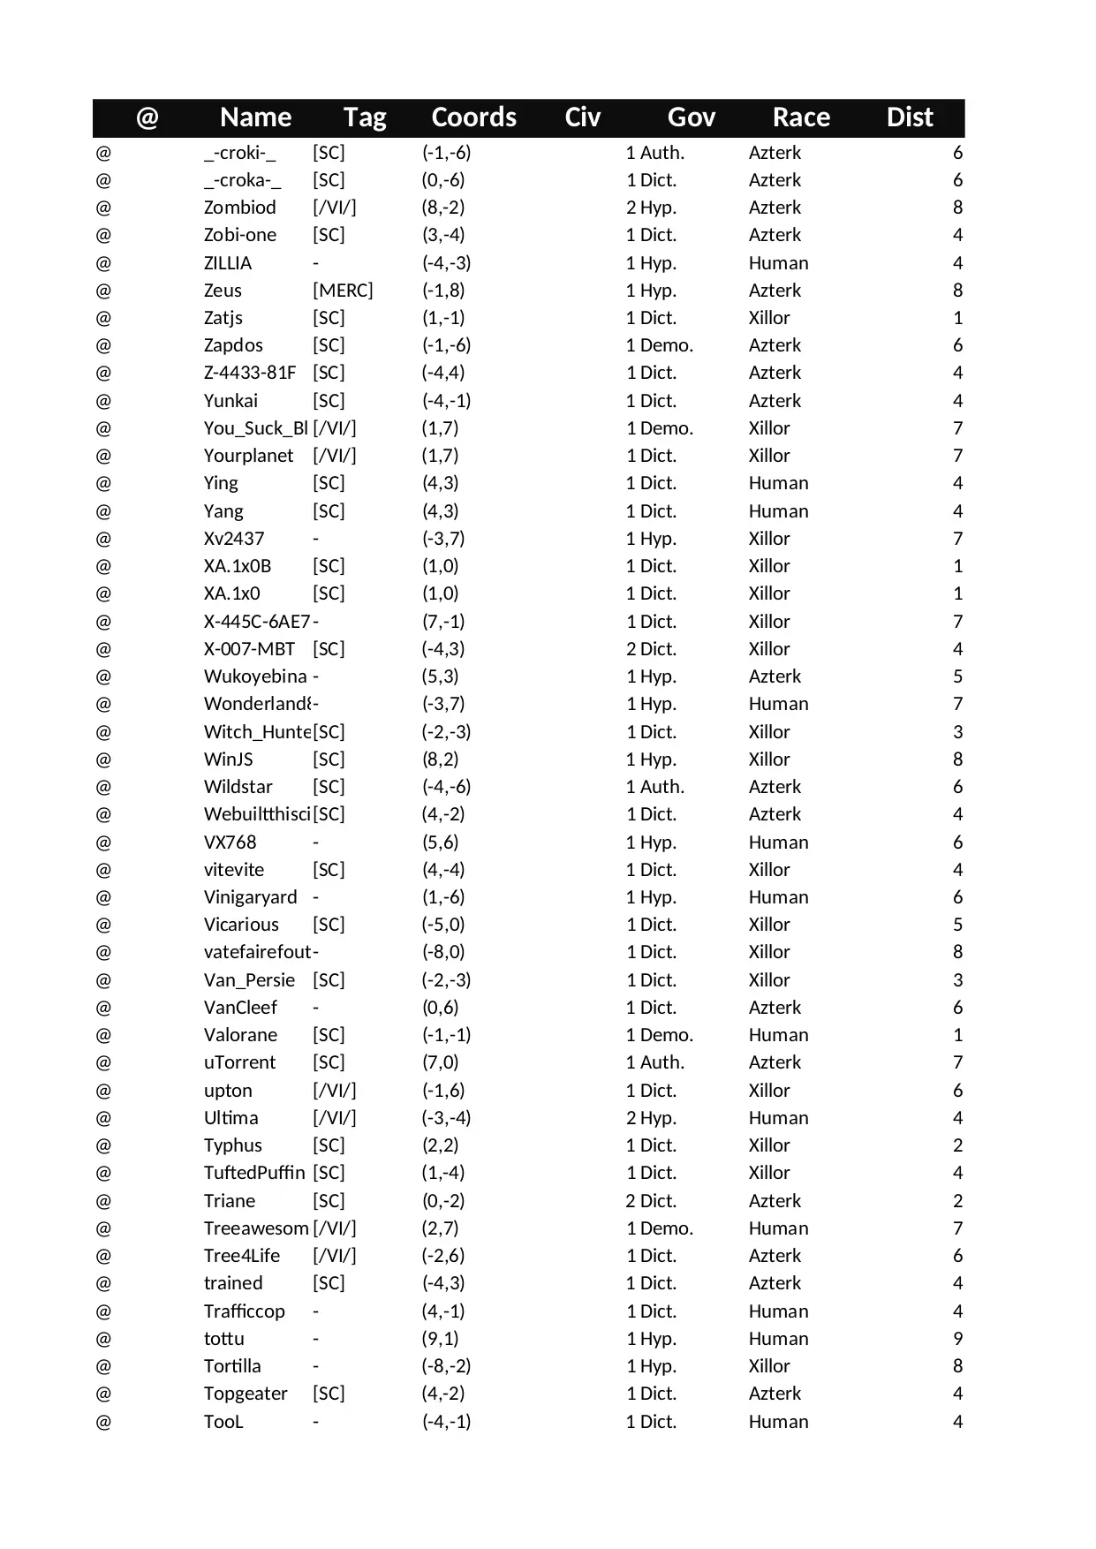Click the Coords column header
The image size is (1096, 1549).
pos(473,117)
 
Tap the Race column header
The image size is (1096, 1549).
pos(801,117)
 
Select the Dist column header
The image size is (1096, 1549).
pos(910,117)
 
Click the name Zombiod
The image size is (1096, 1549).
pos(239,208)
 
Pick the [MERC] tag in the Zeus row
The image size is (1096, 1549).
pos(343,291)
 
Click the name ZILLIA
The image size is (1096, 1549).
pos(228,263)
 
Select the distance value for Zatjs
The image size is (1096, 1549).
pos(957,318)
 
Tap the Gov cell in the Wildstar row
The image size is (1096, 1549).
pos(655,787)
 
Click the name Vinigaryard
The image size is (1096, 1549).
pos(250,897)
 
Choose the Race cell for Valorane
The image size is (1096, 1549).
pos(778,1035)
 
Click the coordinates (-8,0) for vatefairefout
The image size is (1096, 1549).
pos(443,952)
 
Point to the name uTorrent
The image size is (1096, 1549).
pos(239,1062)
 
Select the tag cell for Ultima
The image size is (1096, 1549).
pos(335,1118)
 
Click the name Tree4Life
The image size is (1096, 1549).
pos(241,1256)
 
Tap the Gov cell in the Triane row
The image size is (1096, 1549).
pos(652,1201)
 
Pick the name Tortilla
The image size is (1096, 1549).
pos(232,1366)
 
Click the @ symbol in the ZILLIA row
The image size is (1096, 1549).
pos(103,263)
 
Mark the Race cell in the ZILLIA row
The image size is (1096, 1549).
pos(778,263)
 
